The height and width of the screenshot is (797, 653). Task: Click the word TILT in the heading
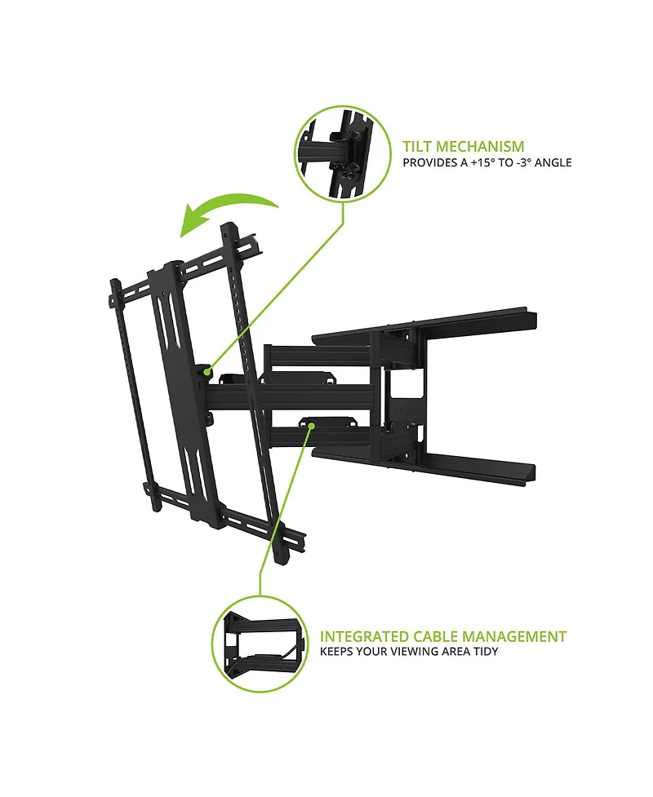tap(417, 147)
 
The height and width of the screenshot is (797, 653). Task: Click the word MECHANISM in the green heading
tap(480, 147)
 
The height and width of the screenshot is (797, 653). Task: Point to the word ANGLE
tap(553, 162)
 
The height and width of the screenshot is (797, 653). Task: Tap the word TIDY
tap(486, 652)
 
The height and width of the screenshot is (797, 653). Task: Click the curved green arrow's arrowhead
tap(193, 222)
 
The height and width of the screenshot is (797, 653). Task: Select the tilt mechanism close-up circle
tap(343, 154)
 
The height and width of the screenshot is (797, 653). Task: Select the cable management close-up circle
tap(260, 644)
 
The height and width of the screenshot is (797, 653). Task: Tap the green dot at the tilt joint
tap(207, 371)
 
